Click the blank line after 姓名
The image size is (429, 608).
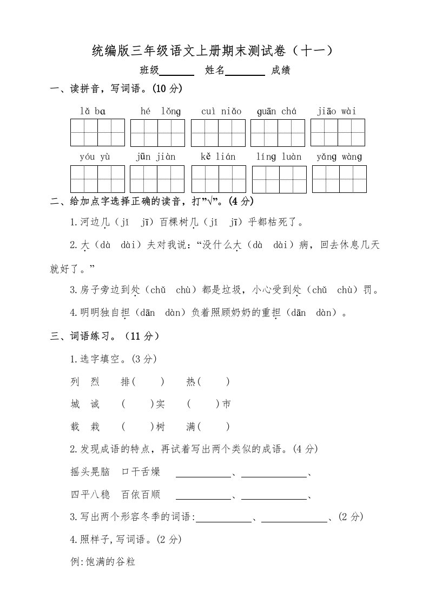[x=245, y=71]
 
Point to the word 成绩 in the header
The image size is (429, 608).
[x=281, y=70]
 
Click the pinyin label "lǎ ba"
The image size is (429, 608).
[x=93, y=112]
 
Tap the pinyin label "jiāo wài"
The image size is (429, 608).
[x=337, y=112]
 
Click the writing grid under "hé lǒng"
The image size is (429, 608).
[x=157, y=133]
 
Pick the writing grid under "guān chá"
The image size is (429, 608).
[x=278, y=133]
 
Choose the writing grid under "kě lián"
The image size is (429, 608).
[x=219, y=179]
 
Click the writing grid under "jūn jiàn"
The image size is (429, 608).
[x=157, y=179]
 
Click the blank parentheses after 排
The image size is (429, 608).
[x=148, y=382]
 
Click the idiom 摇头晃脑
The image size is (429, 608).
[x=90, y=472]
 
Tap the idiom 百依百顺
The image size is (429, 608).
[x=141, y=495]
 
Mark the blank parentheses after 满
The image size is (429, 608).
[x=213, y=427]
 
